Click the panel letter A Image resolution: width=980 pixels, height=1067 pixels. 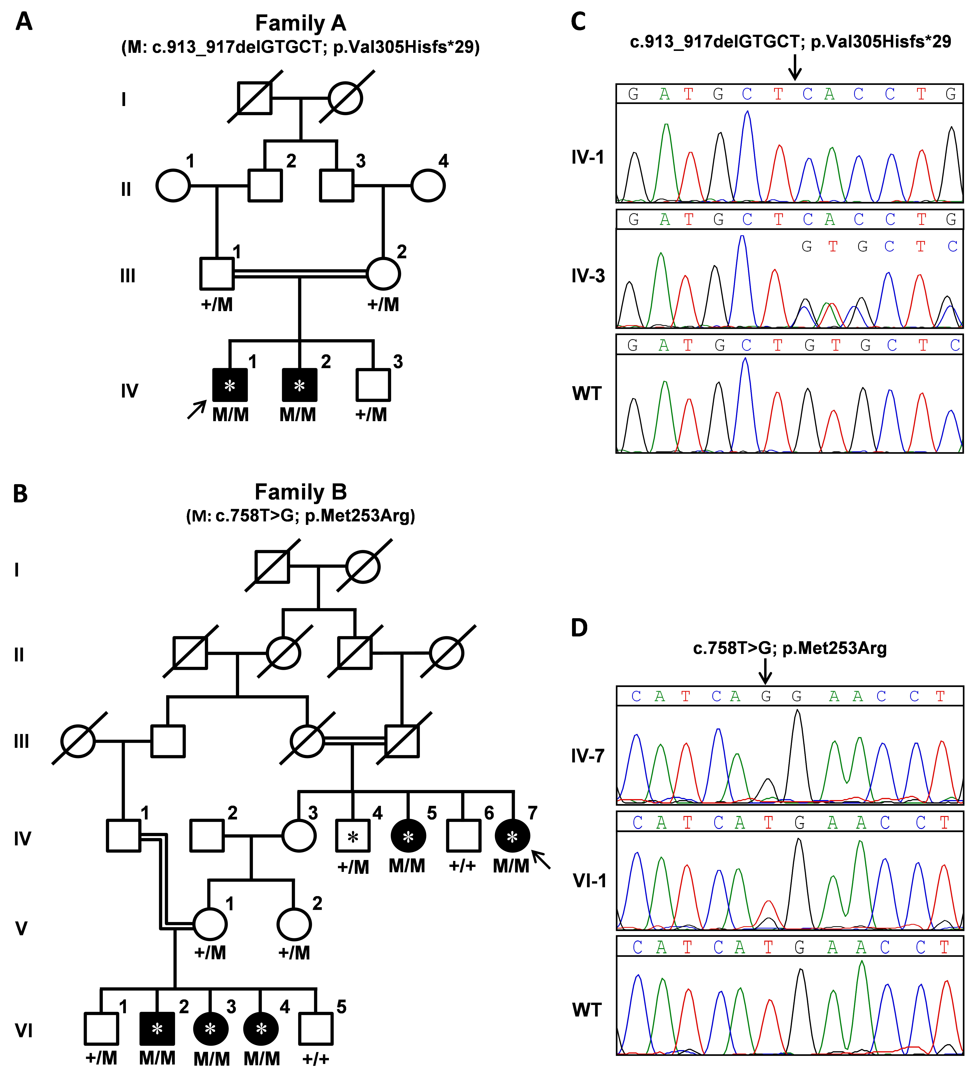[24, 22]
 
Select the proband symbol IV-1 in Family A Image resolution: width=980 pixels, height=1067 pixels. [230, 385]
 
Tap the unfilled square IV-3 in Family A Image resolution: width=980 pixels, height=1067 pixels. [373, 385]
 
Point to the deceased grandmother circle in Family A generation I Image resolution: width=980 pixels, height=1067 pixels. [345, 98]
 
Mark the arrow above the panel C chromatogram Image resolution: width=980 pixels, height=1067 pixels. [794, 67]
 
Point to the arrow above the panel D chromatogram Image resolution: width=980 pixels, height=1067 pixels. [765, 671]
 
